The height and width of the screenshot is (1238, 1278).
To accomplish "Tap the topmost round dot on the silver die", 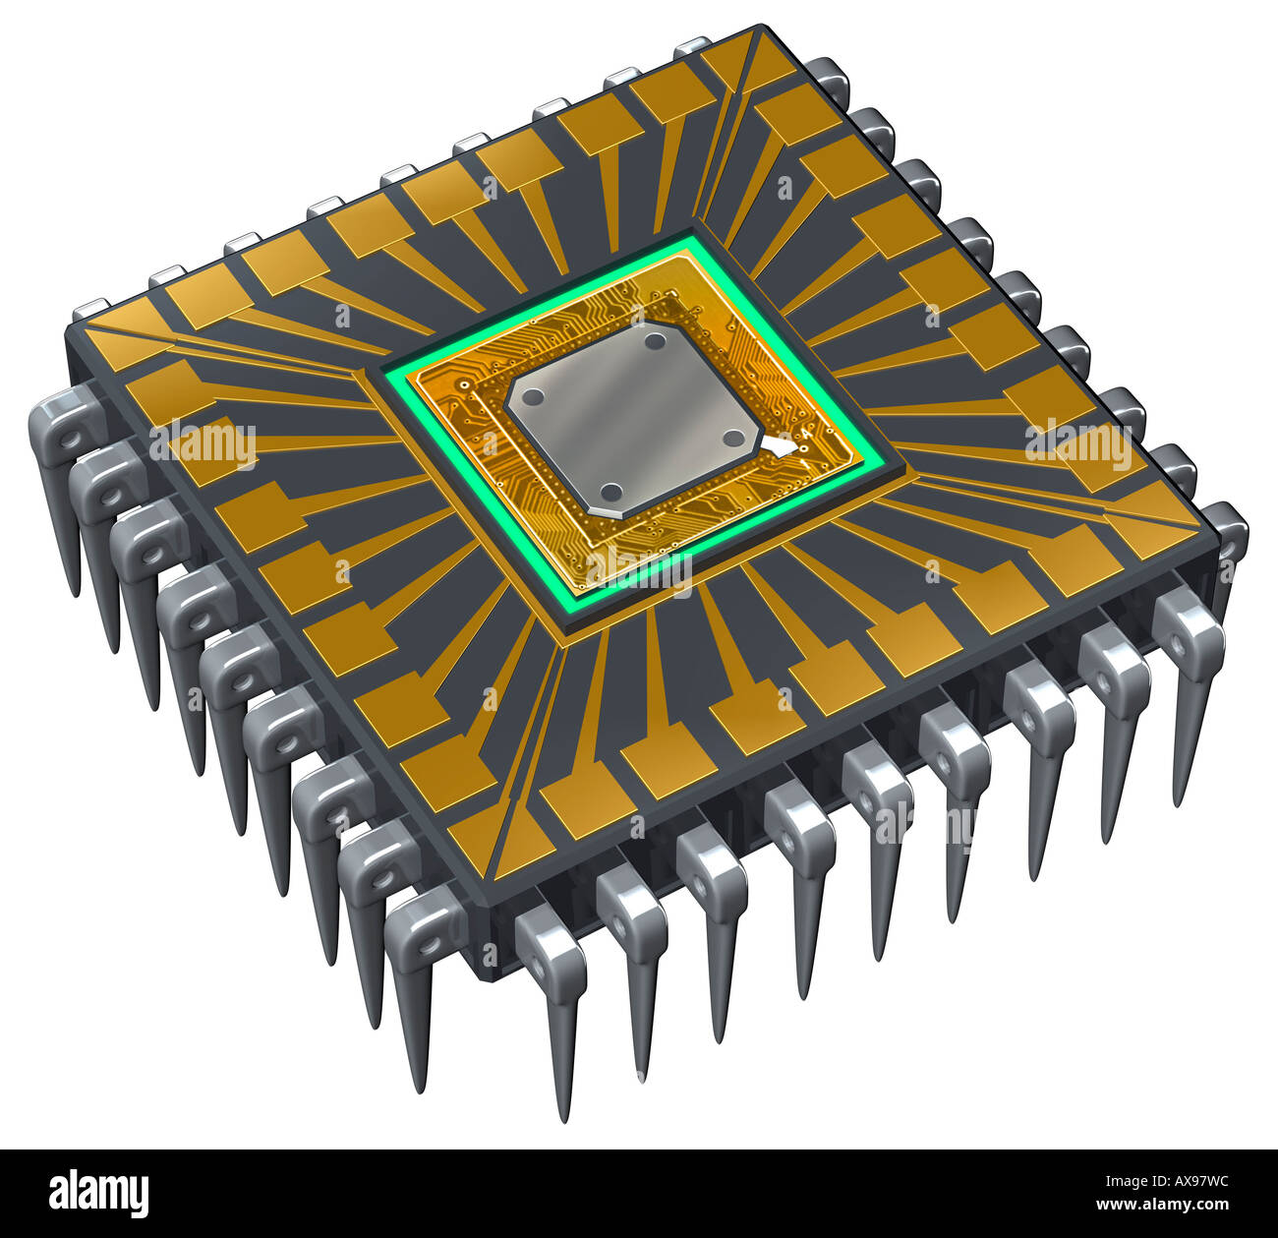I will [655, 343].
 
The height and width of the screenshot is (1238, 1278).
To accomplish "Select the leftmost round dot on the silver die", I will [533, 397].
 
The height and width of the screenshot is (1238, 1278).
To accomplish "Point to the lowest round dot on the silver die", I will [610, 491].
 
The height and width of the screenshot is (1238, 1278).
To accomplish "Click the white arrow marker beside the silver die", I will [781, 447].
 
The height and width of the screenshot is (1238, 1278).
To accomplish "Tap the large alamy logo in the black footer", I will [99, 1193].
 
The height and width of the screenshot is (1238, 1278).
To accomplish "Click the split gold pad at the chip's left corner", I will [123, 329].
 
